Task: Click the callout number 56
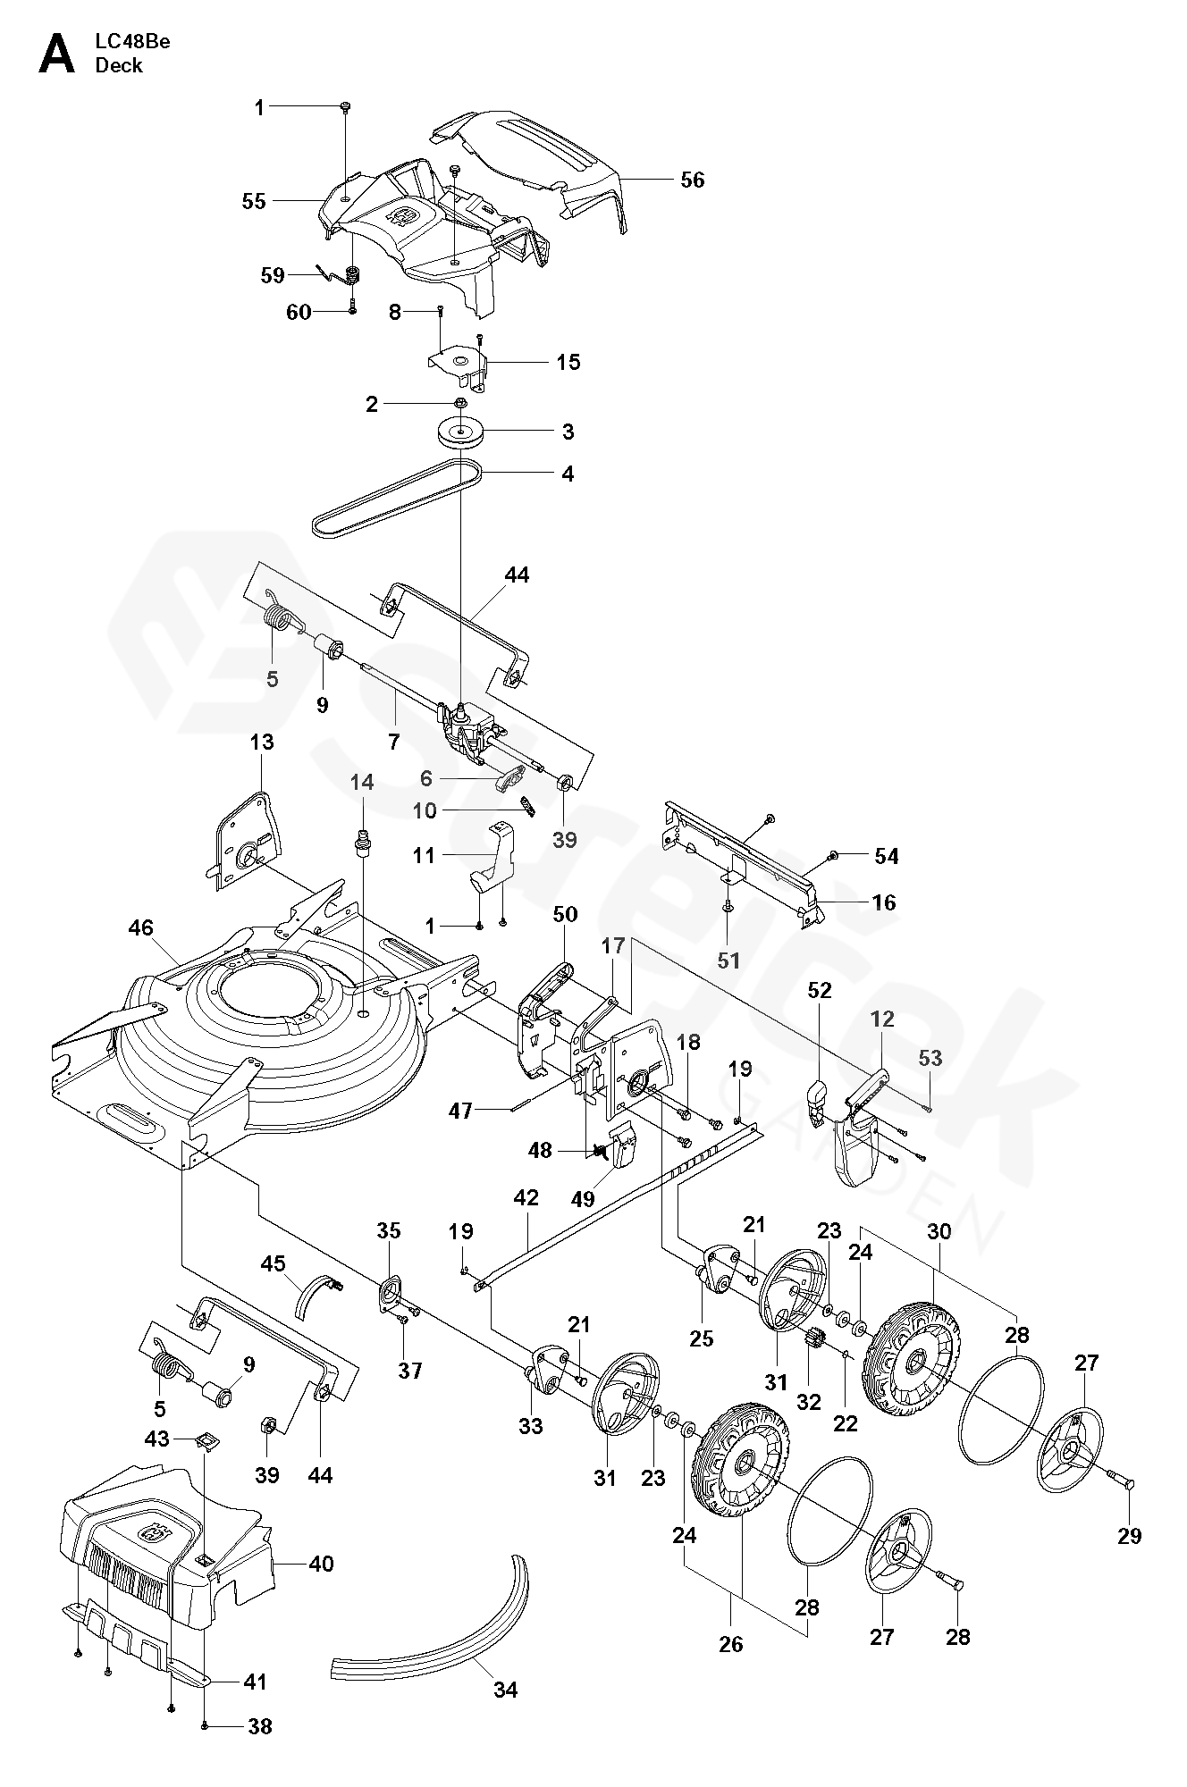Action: click(692, 180)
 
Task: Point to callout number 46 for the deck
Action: click(140, 927)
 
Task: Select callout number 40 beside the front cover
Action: click(321, 1563)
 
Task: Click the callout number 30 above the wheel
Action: click(939, 1232)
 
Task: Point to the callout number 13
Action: click(262, 742)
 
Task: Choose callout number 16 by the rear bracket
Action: click(883, 902)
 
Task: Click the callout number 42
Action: click(526, 1198)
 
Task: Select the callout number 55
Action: click(254, 201)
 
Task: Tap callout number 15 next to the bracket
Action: click(568, 362)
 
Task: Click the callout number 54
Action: click(886, 856)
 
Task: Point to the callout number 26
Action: click(730, 1669)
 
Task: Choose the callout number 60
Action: click(299, 312)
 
